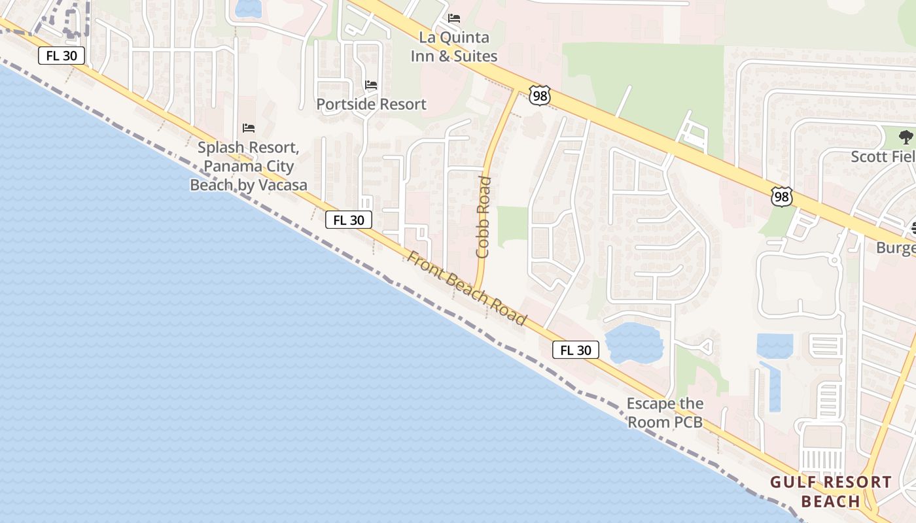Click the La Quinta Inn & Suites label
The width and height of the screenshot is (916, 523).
[454, 46]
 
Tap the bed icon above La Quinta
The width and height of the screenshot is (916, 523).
[454, 18]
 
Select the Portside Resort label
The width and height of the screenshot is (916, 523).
[371, 104]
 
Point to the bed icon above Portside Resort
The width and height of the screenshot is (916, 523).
[371, 85]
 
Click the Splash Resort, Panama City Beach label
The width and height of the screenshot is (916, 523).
[249, 167]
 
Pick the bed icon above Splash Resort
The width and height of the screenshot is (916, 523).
[249, 127]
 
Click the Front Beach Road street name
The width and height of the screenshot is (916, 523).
[467, 288]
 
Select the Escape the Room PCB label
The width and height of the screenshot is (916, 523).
[665, 413]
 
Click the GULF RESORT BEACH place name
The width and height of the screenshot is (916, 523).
[830, 492]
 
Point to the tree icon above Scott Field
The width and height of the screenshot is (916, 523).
[906, 137]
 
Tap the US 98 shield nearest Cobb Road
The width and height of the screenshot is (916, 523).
[540, 96]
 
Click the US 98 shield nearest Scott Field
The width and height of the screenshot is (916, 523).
[782, 197]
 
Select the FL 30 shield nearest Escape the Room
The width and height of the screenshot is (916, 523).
[576, 350]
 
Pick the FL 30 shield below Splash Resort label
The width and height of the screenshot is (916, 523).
[349, 220]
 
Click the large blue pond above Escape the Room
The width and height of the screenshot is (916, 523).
[633, 343]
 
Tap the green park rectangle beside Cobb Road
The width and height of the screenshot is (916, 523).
[512, 226]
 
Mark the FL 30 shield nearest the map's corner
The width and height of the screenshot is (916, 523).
[62, 56]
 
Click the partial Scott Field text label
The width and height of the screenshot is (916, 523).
[883, 157]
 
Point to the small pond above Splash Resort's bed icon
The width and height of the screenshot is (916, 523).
[249, 8]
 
